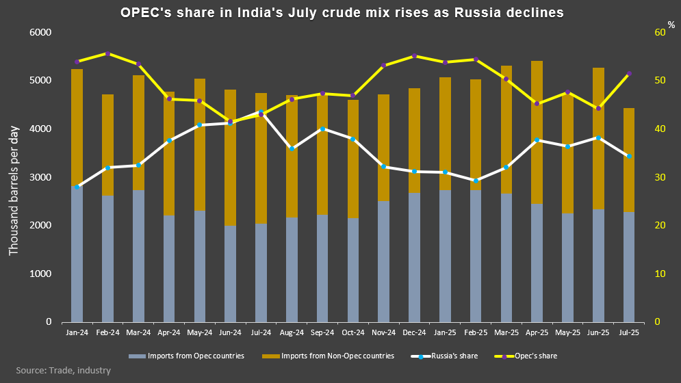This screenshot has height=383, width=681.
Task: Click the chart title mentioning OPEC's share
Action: [340, 12]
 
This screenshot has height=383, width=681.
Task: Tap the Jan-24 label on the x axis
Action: [77, 332]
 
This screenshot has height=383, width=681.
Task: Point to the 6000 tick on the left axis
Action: [42, 33]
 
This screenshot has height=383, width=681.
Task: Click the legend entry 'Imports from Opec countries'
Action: [185, 356]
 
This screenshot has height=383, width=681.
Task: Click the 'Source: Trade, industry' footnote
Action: [63, 371]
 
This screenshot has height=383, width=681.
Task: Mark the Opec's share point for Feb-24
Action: [107, 53]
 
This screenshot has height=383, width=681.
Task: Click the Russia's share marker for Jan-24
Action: [77, 187]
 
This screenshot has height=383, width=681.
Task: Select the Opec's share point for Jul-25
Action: [628, 74]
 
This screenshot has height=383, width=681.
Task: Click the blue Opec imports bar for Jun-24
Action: [230, 274]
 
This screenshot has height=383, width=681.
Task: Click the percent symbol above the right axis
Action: [671, 25]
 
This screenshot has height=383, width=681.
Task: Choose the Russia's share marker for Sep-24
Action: [322, 129]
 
